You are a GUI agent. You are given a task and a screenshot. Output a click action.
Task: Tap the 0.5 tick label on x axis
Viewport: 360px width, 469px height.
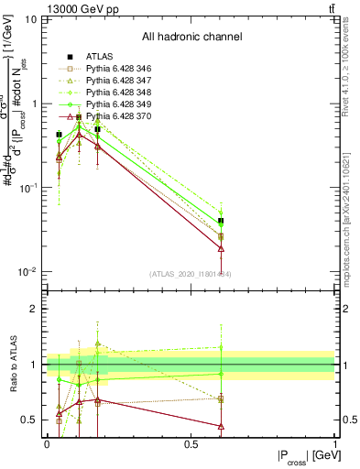[191, 443]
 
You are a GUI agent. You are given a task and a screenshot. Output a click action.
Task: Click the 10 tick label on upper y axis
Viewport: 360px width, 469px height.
[31, 19]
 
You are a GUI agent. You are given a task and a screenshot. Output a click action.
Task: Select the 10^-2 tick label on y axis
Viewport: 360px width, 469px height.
[27, 272]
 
